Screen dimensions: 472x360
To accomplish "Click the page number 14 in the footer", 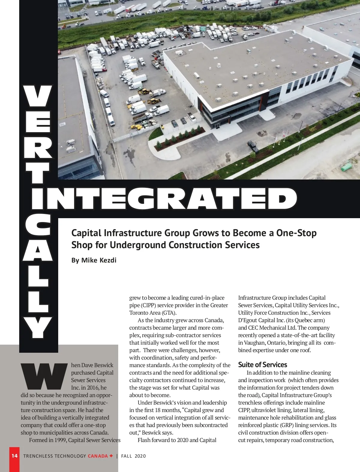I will pyautogui.click(x=14, y=456).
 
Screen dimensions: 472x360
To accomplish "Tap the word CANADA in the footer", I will pyautogui.click(x=97, y=456).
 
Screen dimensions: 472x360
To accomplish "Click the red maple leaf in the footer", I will pyautogui.click(x=111, y=456).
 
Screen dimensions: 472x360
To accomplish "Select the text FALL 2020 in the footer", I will pyautogui.click(x=133, y=456).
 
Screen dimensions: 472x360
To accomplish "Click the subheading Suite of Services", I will pyautogui.click(x=262, y=365).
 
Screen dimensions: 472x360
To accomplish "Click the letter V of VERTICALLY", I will pyautogui.click(x=38, y=96).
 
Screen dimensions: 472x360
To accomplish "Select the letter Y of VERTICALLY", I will pyautogui.click(x=38, y=328).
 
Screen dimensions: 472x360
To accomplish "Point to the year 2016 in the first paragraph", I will pyautogui.click(x=93, y=387).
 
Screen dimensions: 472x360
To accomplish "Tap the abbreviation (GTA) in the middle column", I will pyautogui.click(x=169, y=313).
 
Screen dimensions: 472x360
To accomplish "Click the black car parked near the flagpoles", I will pyautogui.click(x=253, y=146).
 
